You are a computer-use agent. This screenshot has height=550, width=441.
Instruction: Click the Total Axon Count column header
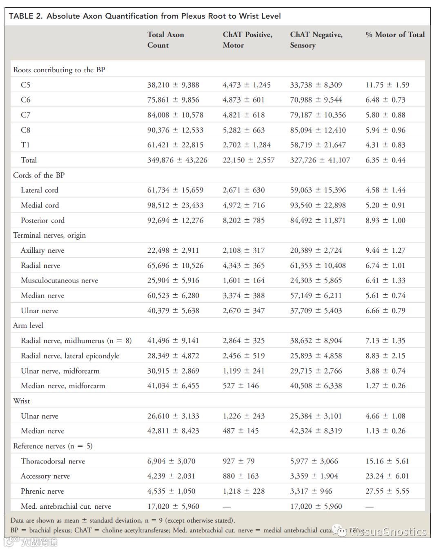pos(165,40)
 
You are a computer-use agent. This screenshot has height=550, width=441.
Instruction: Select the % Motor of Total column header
pos(395,35)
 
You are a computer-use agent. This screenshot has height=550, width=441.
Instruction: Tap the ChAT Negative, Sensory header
pos(316,40)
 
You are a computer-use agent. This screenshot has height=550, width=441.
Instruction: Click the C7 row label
pos(25,115)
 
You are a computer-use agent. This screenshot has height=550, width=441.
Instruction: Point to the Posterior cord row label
pos(42,220)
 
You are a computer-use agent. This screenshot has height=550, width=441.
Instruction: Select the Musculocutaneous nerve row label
pos(59,281)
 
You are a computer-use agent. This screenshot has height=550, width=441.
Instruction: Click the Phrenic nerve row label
pos(42,491)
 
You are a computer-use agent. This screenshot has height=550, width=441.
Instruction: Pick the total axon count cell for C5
pos(173,85)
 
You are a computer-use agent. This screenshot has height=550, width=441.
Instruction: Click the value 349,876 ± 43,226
pos(177,160)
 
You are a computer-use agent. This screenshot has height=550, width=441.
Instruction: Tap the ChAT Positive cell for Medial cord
pos(243,205)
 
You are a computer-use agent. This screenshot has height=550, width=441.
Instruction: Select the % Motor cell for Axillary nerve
pos(385,250)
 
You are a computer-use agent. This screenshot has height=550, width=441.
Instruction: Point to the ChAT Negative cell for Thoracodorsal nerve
pos(314,461)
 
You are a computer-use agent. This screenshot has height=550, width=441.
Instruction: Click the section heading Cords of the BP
pos(39,175)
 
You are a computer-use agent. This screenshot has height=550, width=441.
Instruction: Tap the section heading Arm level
pos(28,325)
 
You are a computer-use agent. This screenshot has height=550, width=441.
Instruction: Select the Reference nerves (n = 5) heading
pos(53,446)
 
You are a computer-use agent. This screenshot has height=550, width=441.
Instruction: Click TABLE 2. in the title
pos(26,16)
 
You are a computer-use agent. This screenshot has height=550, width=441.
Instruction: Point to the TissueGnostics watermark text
pos(388,532)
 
